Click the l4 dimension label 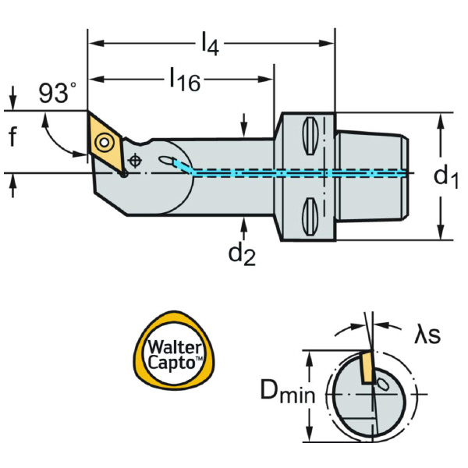(x=209, y=44)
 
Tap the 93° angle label (x=57, y=94)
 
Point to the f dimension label (x=12, y=138)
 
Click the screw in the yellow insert (x=103, y=143)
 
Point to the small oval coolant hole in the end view (x=383, y=385)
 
